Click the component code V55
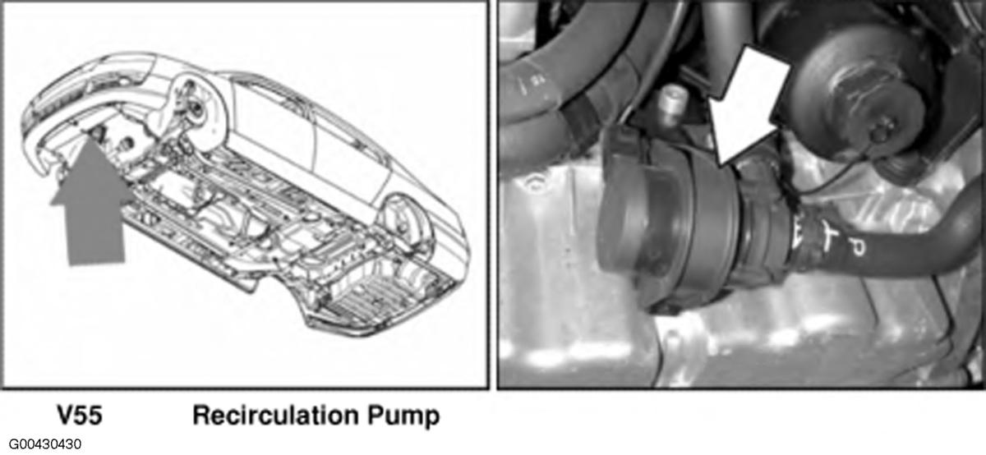[x=79, y=416]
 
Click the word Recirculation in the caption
[x=275, y=416]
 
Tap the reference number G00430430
[x=44, y=444]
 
